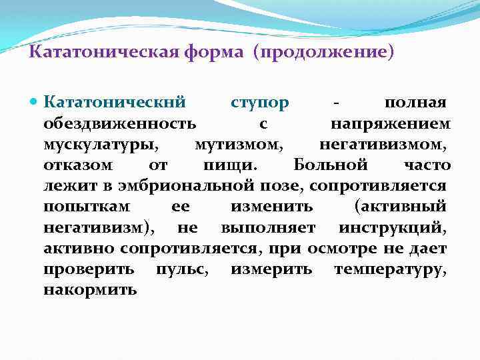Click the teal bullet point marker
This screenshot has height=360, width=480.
[35, 104]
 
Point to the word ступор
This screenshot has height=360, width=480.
[260, 104]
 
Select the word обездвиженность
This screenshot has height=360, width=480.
[120, 125]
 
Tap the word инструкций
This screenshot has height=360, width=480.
[392, 228]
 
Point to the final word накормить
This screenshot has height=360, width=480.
[91, 290]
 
